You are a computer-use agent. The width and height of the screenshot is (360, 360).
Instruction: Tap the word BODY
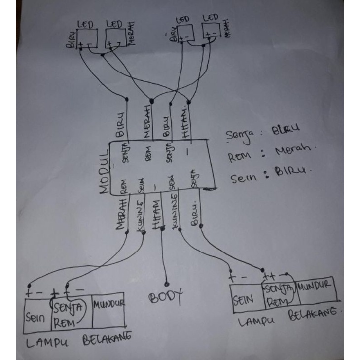(166, 297)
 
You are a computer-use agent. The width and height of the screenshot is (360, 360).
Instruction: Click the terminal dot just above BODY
(166, 284)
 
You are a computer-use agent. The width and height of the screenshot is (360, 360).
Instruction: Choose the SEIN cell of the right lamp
(245, 298)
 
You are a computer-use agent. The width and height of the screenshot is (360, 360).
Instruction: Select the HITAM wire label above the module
(185, 121)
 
